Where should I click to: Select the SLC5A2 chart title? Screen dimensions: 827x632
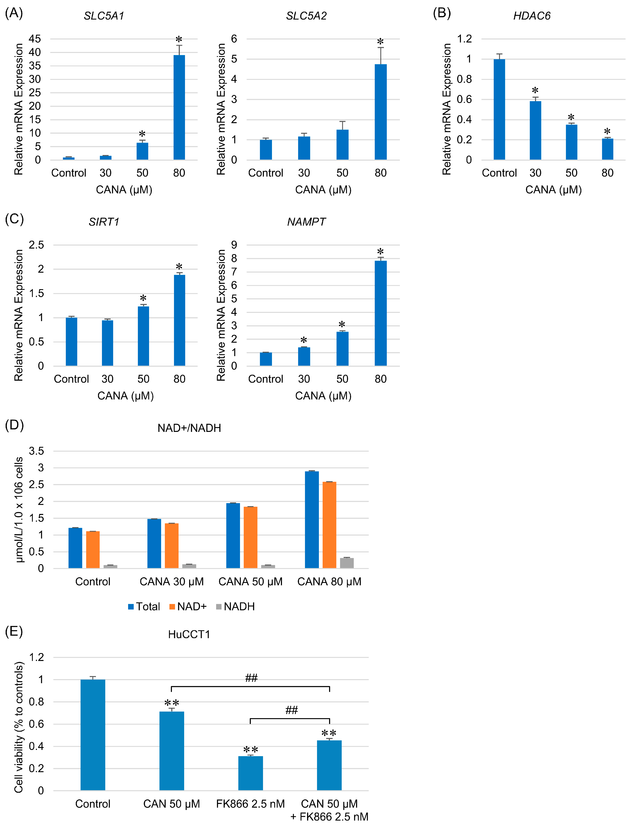coord(306,16)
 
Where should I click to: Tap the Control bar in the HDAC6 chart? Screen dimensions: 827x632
coord(499,109)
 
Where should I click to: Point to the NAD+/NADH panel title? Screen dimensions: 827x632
coord(189,428)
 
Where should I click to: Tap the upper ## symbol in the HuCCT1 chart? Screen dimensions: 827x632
coord(251,678)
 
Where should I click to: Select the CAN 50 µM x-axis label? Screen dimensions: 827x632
coord(171,804)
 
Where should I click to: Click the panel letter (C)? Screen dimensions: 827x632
coord(14,219)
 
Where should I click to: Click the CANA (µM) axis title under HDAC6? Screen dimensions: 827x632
coord(553,189)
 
